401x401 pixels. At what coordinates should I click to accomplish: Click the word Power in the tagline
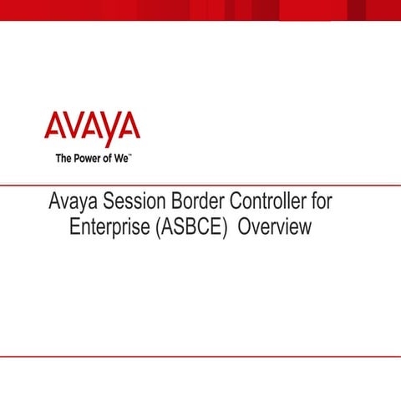[91, 157]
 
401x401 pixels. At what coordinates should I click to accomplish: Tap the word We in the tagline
[119, 157]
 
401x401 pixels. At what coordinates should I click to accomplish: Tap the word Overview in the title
[275, 226]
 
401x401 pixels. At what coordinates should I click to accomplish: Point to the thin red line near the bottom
[200, 356]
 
